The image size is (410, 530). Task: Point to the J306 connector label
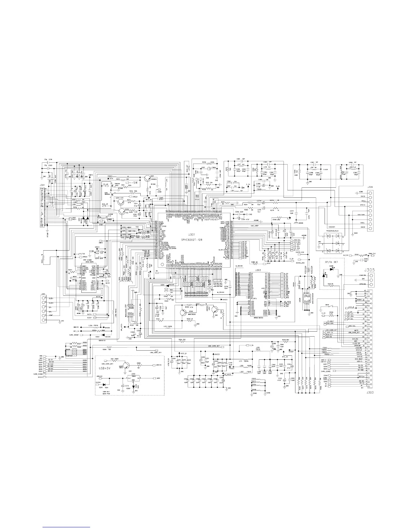point(370,187)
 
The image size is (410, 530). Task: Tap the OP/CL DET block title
point(332,261)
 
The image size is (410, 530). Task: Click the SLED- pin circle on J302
point(43,298)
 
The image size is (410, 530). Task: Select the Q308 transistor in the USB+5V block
point(126,365)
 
